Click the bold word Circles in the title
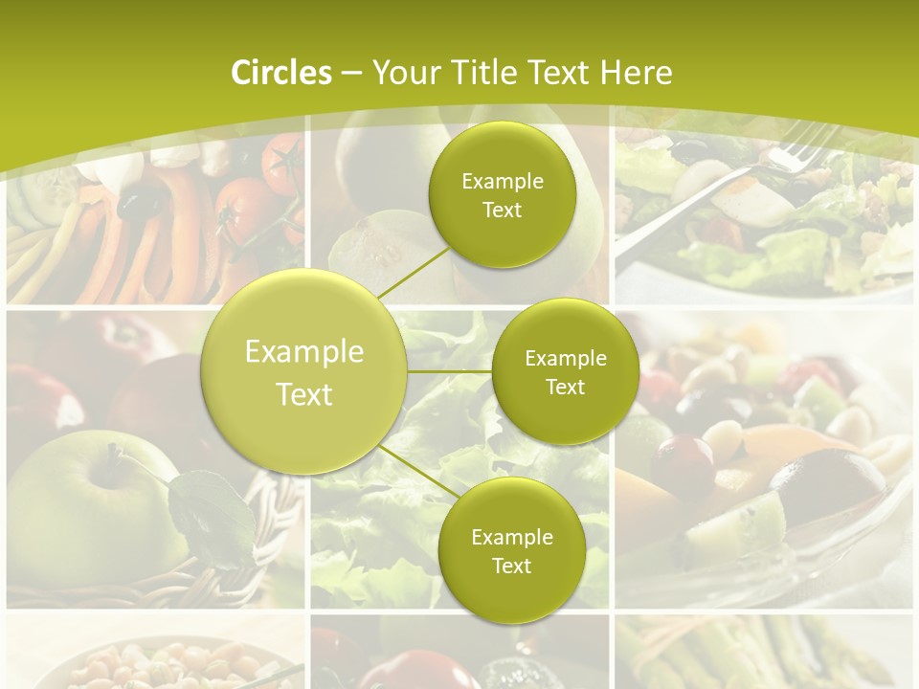pyautogui.click(x=280, y=73)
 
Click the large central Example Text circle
pyautogui.click(x=304, y=372)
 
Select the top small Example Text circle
pyautogui.click(x=502, y=195)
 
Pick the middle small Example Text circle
pyautogui.click(x=565, y=372)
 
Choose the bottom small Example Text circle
pyautogui.click(x=511, y=550)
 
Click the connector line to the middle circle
pyautogui.click(x=450, y=371)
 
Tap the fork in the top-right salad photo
pyautogui.click(x=728, y=191)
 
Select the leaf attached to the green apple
pyautogui.click(x=206, y=512)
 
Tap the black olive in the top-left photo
pyautogui.click(x=142, y=204)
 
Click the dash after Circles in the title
pyautogui.click(x=350, y=74)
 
